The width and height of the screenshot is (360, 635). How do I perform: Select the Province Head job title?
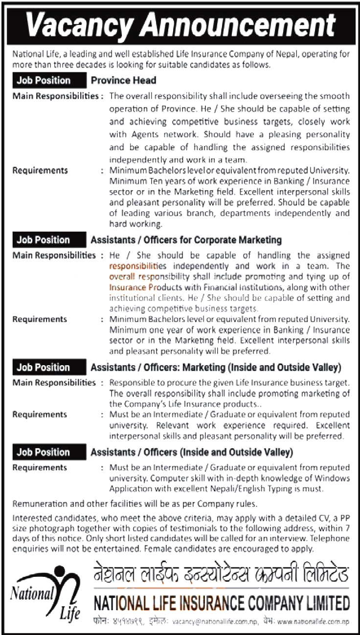pos(123,80)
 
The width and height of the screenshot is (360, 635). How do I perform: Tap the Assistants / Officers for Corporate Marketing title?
pos(186,240)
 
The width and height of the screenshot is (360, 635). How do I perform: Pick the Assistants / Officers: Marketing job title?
pos(215,367)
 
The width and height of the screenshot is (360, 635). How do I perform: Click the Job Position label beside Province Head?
pos(44,80)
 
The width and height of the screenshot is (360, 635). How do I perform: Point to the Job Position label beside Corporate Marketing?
pos(44,240)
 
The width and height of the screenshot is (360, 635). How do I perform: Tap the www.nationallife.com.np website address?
pos(313,621)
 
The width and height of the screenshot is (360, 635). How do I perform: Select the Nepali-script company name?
pos(221,571)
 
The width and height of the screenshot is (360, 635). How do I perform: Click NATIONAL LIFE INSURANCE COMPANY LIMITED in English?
pos(221,602)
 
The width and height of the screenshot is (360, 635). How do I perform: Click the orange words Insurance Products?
pos(138,287)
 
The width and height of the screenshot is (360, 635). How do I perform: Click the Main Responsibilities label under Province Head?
pos(55,96)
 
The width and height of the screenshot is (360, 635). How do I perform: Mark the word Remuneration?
pos(37,504)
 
